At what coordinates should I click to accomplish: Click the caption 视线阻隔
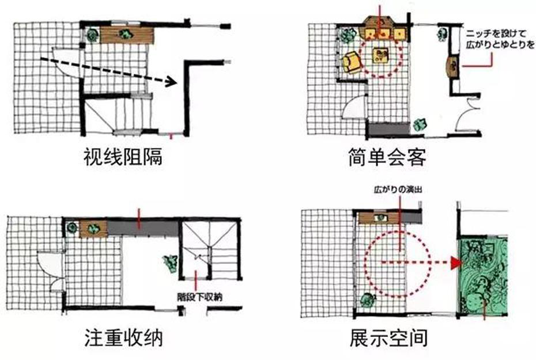(x=123, y=157)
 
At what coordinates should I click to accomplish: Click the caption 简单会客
(x=387, y=157)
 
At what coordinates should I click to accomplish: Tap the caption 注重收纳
(x=123, y=338)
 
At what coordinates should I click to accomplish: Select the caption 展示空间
(x=388, y=338)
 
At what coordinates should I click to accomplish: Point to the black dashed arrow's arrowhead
(x=171, y=81)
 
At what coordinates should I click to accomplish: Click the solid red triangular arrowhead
(x=456, y=263)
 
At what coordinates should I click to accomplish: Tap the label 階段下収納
(x=199, y=297)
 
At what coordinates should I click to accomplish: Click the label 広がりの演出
(x=398, y=190)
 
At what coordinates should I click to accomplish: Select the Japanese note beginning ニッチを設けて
(x=500, y=39)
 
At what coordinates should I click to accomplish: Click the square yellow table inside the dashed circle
(x=381, y=55)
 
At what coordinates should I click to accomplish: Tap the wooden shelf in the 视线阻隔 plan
(x=127, y=35)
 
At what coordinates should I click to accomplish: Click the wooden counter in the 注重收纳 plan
(x=93, y=229)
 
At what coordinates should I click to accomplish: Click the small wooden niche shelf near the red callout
(x=454, y=66)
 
